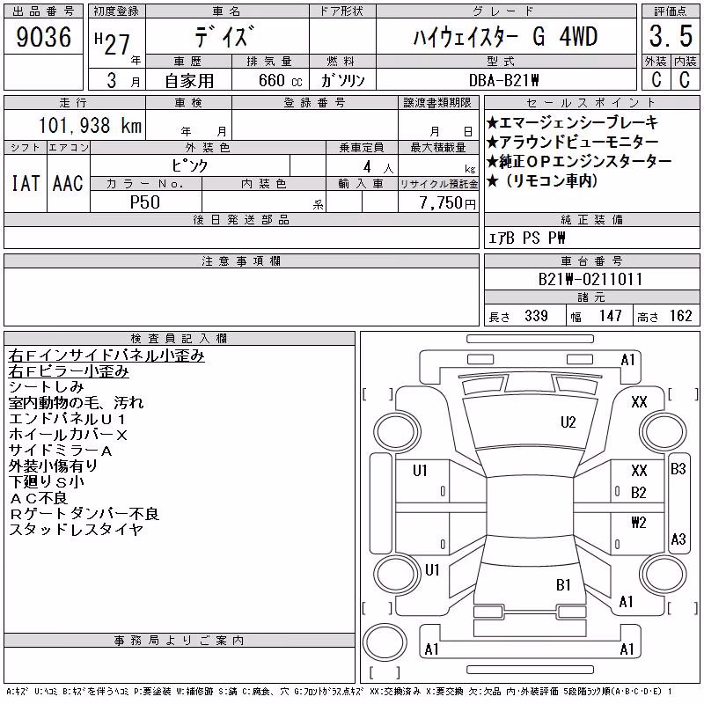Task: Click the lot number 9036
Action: point(43,36)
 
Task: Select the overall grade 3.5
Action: point(671,36)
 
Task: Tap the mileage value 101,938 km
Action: point(90,125)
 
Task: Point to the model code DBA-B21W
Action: point(503,80)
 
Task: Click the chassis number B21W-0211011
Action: point(590,279)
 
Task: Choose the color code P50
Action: point(145,202)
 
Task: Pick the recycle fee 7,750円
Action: point(448,203)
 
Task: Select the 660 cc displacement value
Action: point(280,80)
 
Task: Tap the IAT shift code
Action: point(26,183)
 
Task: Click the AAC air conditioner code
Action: point(68,183)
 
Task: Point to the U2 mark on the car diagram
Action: point(568,422)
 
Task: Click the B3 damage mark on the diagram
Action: point(678,469)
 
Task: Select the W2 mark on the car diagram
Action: point(639,522)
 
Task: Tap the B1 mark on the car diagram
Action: point(563,584)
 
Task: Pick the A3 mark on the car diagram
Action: point(678,539)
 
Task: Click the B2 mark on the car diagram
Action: point(639,493)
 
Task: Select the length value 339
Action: point(536,316)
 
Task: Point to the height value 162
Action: point(680,316)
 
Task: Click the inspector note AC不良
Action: point(39,498)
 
